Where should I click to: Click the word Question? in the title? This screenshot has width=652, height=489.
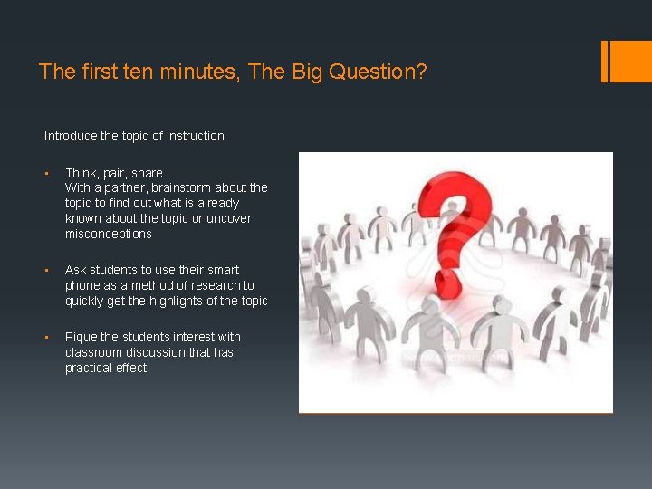coord(378,72)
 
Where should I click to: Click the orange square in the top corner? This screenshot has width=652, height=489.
coord(631,62)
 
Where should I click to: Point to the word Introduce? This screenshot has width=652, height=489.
coord(71,136)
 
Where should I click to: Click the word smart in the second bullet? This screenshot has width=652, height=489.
coord(224,271)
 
